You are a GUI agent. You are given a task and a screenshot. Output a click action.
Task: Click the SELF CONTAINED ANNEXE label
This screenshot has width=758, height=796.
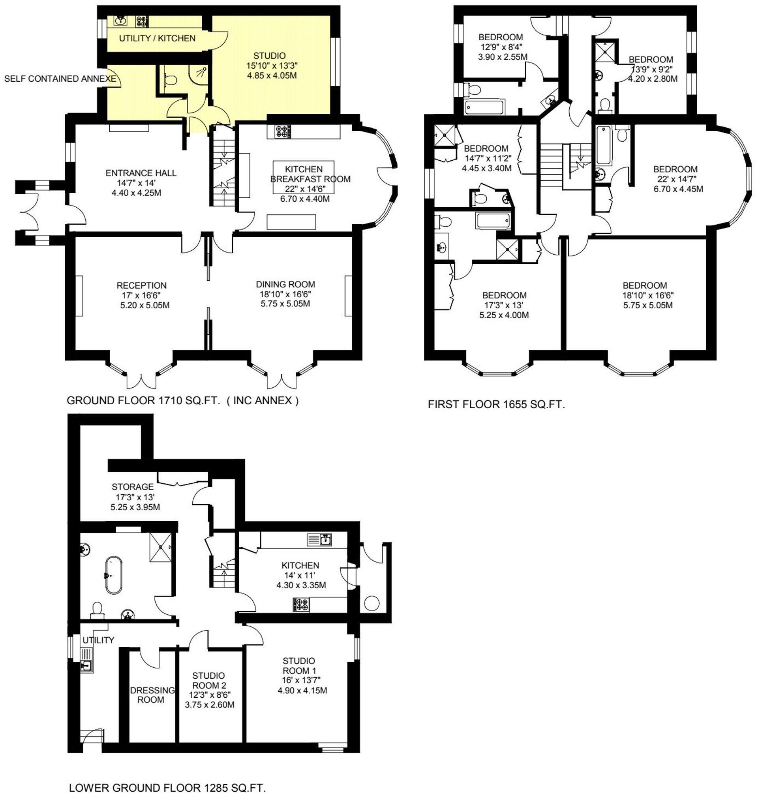tap(60, 79)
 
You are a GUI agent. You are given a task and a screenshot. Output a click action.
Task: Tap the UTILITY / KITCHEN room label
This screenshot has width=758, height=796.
tap(157, 38)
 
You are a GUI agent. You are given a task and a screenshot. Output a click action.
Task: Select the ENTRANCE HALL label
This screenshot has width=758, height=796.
tap(141, 173)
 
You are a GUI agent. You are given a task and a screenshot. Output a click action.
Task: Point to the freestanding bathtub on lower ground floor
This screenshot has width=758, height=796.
tap(114, 575)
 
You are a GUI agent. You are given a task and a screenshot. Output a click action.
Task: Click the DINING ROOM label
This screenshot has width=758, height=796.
tap(285, 284)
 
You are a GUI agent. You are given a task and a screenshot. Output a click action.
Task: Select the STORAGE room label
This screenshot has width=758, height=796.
tap(133, 487)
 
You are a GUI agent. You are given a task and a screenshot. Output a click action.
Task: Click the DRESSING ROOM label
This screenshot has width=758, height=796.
tap(152, 695)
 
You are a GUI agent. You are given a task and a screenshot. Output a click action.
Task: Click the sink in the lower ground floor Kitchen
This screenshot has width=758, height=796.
tap(326, 539)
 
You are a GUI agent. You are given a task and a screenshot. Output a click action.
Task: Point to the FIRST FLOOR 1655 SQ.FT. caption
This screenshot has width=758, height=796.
tap(496, 404)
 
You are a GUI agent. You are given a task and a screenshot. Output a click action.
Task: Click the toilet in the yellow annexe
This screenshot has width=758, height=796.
tap(171, 80)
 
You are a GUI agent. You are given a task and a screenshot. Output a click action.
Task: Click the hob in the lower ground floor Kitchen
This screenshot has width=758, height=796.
tap(301, 605)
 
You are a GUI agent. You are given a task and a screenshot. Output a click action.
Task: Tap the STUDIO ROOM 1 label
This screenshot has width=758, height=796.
tap(298, 665)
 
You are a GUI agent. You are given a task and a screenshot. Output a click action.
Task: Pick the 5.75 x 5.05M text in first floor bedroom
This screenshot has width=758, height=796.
tap(648, 305)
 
